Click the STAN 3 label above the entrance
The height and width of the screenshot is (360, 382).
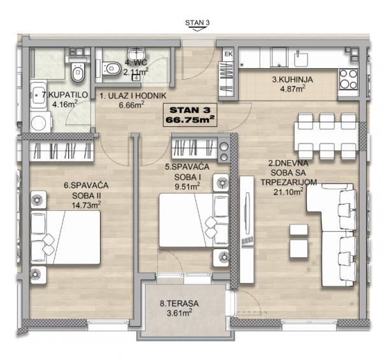[x=197, y=23]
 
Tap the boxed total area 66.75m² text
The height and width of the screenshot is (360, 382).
[x=190, y=120]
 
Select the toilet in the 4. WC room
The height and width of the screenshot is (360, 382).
[x=111, y=68]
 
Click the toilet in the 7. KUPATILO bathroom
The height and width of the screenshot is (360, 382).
[x=78, y=71]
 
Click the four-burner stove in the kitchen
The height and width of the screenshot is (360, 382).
[x=348, y=79]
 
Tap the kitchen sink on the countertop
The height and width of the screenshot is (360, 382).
[x=301, y=59]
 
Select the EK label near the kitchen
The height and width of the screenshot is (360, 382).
[x=229, y=54]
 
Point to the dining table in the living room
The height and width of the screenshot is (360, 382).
[x=327, y=136]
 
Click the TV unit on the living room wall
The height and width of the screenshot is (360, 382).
[x=247, y=229]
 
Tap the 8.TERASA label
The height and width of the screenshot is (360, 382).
[x=179, y=303]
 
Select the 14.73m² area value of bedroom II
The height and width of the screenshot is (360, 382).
[x=86, y=205]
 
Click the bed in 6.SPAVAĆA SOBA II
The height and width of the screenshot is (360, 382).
[x=66, y=237]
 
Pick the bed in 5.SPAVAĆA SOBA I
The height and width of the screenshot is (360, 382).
[x=194, y=220]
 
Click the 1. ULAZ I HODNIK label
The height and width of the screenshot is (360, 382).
[x=133, y=96]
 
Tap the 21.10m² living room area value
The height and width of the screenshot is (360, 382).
[x=288, y=192]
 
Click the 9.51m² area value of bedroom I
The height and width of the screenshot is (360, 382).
[x=187, y=187]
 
